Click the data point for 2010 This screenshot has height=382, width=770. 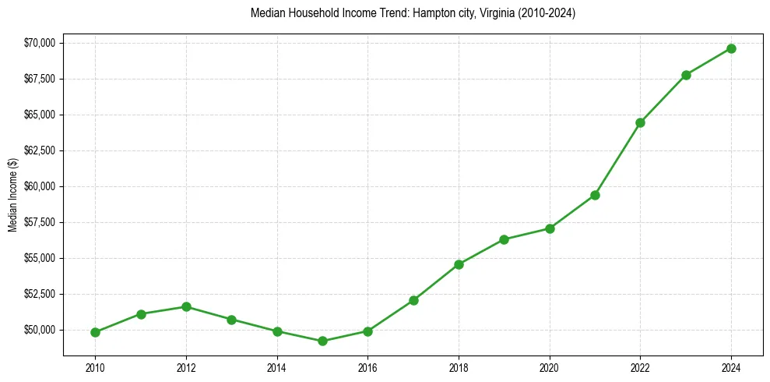[95, 332]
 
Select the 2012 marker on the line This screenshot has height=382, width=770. [186, 306]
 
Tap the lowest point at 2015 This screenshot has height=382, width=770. [322, 341]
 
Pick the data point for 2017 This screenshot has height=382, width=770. [413, 300]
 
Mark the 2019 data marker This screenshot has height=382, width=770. [505, 239]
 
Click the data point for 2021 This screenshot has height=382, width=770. [595, 195]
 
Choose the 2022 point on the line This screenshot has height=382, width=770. [641, 122]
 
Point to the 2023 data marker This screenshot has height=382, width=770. [686, 75]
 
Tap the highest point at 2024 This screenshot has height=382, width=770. [732, 48]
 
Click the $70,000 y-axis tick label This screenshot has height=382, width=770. [40, 43]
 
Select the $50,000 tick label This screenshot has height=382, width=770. [40, 330]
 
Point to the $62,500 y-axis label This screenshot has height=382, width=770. [40, 150]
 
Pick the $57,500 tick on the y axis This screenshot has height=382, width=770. [40, 222]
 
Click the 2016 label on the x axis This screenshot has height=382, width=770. [368, 367]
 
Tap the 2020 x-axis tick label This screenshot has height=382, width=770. [550, 367]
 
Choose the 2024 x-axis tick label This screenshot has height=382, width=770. [732, 367]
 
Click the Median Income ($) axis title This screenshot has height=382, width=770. [12, 194]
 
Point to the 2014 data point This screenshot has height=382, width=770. [277, 331]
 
